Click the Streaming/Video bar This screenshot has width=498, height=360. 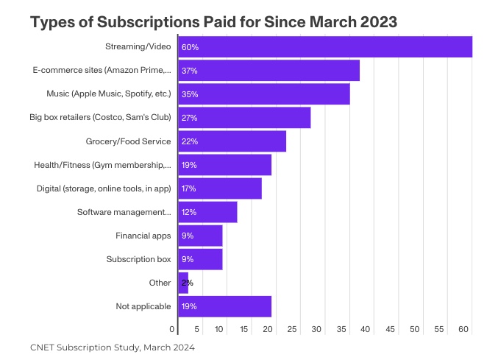pyautogui.click(x=324, y=47)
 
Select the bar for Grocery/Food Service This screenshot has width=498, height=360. pyautogui.click(x=232, y=141)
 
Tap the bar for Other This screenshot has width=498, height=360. pyautogui.click(x=183, y=283)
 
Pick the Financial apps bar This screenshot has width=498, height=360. pyautogui.click(x=200, y=236)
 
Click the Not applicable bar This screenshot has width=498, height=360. pyautogui.click(x=224, y=306)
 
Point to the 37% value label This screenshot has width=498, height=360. pyautogui.click(x=189, y=71)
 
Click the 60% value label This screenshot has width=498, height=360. pyautogui.click(x=190, y=47)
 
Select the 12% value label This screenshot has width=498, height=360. pyautogui.click(x=189, y=212)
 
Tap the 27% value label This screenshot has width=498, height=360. pyautogui.click(x=189, y=118)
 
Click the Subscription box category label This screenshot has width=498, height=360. pyautogui.click(x=138, y=259)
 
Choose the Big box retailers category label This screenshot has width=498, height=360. pyautogui.click(x=100, y=118)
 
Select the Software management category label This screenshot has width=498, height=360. pyautogui.click(x=124, y=212)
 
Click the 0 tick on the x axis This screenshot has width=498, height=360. pyautogui.click(x=173, y=329)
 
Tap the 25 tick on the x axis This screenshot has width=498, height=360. pyautogui.click(x=293, y=329)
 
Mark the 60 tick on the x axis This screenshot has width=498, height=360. pyautogui.click(x=463, y=329)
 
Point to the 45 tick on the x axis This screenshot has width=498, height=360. pyautogui.click(x=391, y=329)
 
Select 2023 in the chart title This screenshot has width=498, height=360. pyautogui.click(x=376, y=22)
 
